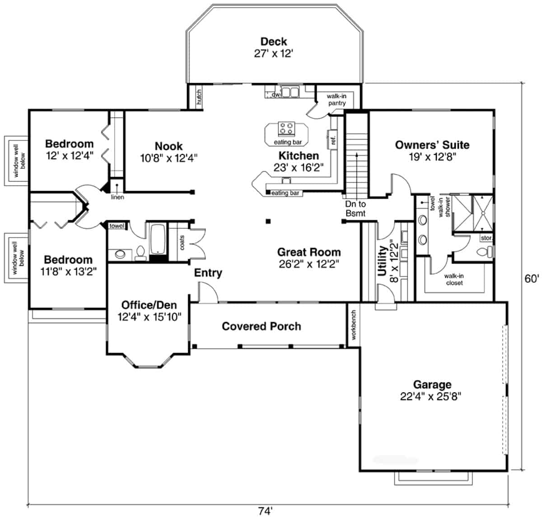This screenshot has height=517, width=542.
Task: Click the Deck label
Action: pyautogui.click(x=273, y=42)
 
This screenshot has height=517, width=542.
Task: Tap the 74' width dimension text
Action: pyautogui.click(x=265, y=511)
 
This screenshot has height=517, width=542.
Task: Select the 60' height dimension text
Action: pyautogui.click(x=531, y=279)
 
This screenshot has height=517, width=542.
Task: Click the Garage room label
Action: pyautogui.click(x=432, y=384)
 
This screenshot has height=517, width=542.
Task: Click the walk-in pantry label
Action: pyautogui.click(x=336, y=100)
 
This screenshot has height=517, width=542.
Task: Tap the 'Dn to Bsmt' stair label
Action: pyautogui.click(x=355, y=209)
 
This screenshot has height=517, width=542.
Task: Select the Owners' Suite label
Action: pyautogui.click(x=432, y=145)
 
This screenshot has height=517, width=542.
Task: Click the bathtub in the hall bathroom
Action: pyautogui.click(x=158, y=239)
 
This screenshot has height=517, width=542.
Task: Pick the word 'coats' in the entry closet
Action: pyautogui.click(x=182, y=242)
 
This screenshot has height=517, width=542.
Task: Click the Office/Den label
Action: pyautogui.click(x=149, y=305)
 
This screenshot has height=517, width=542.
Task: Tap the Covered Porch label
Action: pyautogui.click(x=262, y=326)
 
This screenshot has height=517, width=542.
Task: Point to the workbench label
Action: pyautogui.click(x=353, y=325)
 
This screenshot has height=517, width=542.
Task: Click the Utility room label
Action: pyautogui.click(x=382, y=261)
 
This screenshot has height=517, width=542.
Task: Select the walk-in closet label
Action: pyautogui.click(x=453, y=279)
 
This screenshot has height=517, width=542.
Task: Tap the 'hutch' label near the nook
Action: pyautogui.click(x=198, y=98)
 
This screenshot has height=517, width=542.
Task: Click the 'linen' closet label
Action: pyautogui.click(x=117, y=197)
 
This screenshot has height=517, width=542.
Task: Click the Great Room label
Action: pyautogui.click(x=309, y=252)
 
